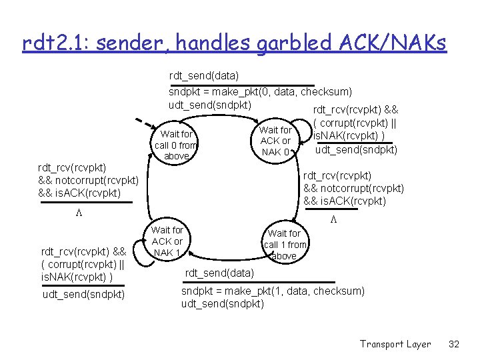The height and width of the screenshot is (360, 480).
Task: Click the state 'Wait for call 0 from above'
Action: tap(176, 145)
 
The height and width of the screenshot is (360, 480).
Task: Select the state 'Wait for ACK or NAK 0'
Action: tap(275, 141)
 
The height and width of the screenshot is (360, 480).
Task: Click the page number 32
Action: tap(455, 344)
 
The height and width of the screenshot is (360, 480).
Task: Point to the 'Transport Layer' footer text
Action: tap(395, 344)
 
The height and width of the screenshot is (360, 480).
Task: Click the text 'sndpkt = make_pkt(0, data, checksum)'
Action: tap(260, 91)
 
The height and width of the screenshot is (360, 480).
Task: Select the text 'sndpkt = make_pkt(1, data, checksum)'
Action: tap(273, 291)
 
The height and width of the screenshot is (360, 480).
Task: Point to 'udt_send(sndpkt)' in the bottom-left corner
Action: tap(83, 294)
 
